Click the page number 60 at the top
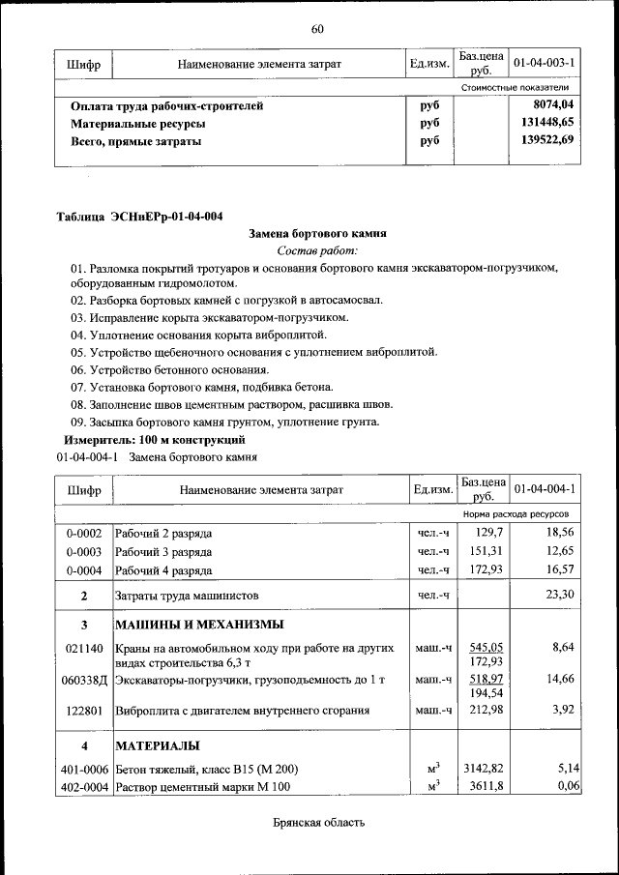point(317,28)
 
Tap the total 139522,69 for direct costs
point(546,140)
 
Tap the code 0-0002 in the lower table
point(84,534)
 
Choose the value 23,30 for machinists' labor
point(560,595)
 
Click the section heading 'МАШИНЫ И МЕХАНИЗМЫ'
point(199,624)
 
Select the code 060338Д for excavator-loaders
point(84,681)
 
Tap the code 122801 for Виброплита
point(84,711)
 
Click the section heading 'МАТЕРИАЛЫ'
point(158,746)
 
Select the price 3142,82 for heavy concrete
point(485,769)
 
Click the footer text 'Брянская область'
point(317,823)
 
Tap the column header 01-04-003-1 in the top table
point(545,64)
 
